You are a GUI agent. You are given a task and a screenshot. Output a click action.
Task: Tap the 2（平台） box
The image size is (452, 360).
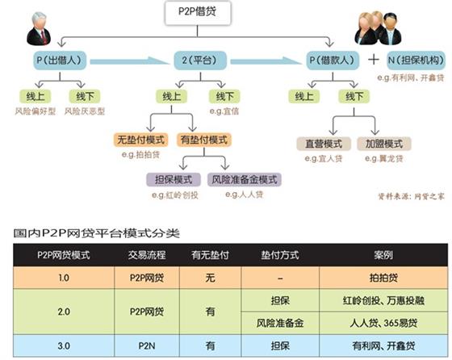click(196, 61)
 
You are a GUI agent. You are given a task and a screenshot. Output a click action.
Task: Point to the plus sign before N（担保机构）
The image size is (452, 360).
click(373, 61)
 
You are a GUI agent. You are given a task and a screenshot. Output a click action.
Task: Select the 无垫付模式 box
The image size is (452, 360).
click(139, 141)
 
